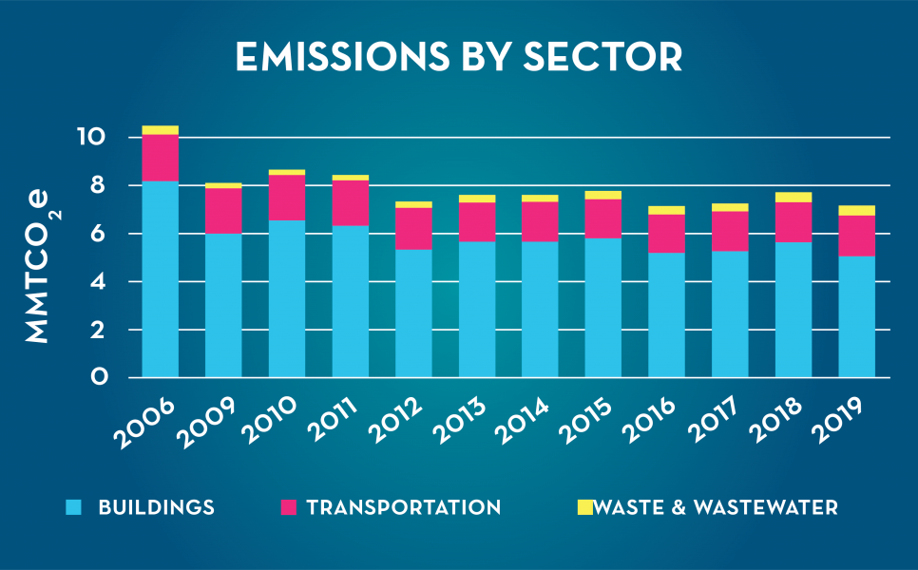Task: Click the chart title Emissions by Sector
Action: tap(459, 57)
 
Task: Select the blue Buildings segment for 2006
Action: tap(161, 279)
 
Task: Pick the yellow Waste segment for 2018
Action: tap(794, 198)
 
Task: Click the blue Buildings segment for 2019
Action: tap(856, 316)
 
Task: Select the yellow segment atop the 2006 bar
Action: tap(161, 130)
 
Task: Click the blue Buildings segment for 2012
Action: tap(413, 313)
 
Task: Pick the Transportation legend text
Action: tap(404, 507)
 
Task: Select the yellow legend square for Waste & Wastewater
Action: tap(584, 507)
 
